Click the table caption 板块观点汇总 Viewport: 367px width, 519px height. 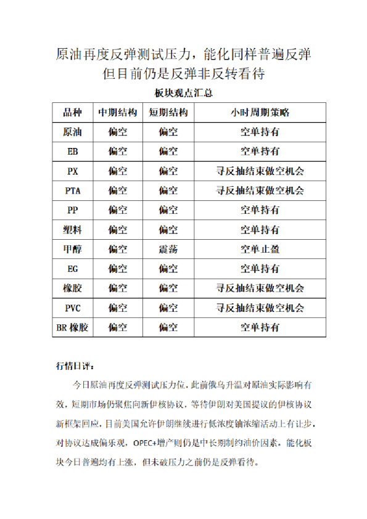click(x=183, y=94)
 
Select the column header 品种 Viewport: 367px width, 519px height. click(x=72, y=113)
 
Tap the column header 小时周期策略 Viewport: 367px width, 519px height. click(x=259, y=113)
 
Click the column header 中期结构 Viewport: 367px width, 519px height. click(x=118, y=113)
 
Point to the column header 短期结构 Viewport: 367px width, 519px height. click(x=168, y=113)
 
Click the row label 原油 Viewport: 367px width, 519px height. click(x=72, y=132)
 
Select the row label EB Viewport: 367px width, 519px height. click(x=72, y=151)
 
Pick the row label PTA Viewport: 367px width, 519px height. click(x=72, y=190)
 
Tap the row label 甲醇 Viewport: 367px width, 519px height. click(x=72, y=249)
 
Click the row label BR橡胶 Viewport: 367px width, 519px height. click(x=72, y=327)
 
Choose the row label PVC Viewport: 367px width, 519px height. click(x=72, y=308)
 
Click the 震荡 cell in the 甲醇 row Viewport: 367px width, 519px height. click(x=168, y=249)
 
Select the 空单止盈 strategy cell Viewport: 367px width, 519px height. click(x=259, y=249)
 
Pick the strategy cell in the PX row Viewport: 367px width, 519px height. click(x=259, y=171)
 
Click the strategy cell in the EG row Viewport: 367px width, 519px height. click(x=259, y=269)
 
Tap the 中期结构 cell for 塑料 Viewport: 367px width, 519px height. click(x=118, y=229)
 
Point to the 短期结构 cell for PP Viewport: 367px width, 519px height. click(x=168, y=210)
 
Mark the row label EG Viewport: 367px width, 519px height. click(x=72, y=269)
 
